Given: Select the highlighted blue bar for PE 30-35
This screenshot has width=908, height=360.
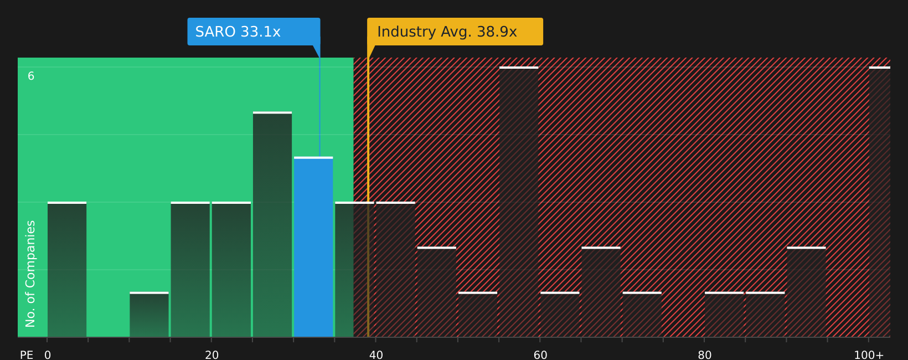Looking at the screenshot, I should (313, 247).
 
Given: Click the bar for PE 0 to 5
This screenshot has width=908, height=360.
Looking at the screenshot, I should (67, 269).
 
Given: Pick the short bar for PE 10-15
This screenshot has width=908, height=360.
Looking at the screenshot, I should (149, 315).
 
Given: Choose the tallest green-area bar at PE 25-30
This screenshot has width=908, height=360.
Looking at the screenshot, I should (272, 224).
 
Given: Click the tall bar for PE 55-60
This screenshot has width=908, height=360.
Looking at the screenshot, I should (519, 202).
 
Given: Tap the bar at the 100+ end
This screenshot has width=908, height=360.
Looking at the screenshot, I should (879, 202).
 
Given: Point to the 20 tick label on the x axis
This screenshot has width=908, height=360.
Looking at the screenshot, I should (211, 354).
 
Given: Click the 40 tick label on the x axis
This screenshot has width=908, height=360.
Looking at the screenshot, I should (376, 354).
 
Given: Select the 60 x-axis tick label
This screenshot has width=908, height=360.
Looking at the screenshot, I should (540, 354).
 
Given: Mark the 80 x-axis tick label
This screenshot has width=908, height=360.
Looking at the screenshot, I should (704, 354).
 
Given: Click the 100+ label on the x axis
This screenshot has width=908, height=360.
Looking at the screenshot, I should (869, 354).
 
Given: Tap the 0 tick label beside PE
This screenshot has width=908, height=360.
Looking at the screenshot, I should (48, 354).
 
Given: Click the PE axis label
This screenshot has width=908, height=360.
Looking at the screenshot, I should (27, 354).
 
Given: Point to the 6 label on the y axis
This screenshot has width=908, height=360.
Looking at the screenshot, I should (31, 76).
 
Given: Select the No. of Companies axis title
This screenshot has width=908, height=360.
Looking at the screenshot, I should (30, 274).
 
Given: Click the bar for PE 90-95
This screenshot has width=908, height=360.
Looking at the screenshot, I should (806, 292).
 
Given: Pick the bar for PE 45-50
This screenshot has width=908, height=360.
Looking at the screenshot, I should (436, 292).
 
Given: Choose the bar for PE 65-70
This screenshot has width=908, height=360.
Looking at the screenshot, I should (601, 292).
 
